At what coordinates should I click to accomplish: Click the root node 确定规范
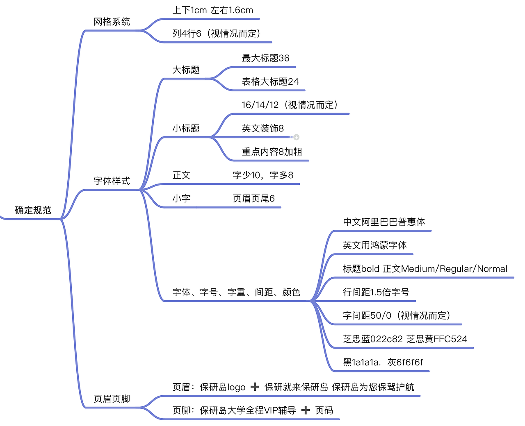point(33,211)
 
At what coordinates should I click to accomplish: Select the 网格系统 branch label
point(112,22)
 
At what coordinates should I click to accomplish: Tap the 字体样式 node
point(112,181)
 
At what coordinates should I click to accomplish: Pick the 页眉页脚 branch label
point(112,399)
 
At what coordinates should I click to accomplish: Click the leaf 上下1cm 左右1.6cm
point(212,11)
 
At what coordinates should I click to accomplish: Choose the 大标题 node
point(186,70)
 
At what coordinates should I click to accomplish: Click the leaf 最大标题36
point(265,59)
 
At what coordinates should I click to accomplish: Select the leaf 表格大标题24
point(270,82)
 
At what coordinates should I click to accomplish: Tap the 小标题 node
point(186,129)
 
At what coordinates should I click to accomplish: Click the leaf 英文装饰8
point(262,129)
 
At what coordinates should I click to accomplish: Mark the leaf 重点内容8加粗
point(272,152)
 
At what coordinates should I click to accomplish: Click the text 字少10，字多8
point(263,175)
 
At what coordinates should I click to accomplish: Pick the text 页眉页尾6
point(253,199)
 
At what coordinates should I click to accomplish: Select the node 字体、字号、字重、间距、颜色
point(236,292)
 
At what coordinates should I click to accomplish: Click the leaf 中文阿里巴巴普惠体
point(384,222)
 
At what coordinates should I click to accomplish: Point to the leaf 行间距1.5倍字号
point(376,292)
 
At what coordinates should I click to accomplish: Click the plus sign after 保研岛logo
point(255,387)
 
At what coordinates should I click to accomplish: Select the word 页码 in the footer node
point(324,410)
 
